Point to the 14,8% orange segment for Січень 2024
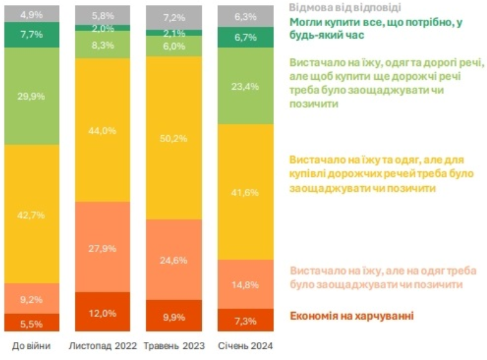(x=245, y=284)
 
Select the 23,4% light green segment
(x=245, y=87)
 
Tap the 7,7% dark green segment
(x=32, y=36)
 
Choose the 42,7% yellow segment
(x=32, y=214)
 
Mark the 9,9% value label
(x=174, y=316)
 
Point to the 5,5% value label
(x=32, y=323)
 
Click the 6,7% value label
(x=245, y=37)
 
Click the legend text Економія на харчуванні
(x=352, y=316)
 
